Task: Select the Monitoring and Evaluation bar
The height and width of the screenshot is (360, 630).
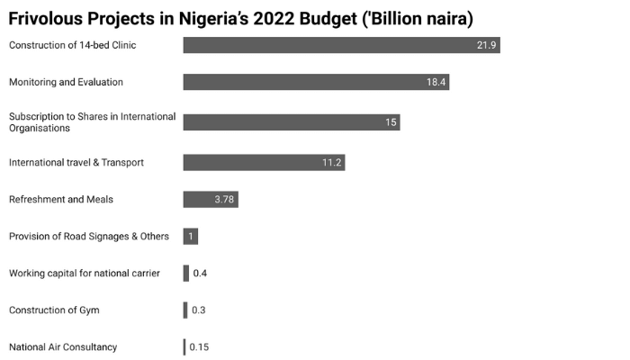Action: tap(315, 82)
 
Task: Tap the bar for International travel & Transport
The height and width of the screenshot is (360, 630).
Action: tap(264, 162)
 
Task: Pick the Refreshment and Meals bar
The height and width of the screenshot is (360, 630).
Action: tap(210, 199)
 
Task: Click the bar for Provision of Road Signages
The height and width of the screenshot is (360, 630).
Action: tap(190, 237)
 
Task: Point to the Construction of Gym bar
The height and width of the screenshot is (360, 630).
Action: tap(185, 310)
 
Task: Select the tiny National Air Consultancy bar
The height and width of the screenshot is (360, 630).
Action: tap(184, 347)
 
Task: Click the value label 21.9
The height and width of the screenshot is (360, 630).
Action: tap(487, 46)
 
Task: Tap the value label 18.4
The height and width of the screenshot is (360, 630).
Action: tap(436, 82)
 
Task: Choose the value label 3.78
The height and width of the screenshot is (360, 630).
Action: tap(224, 199)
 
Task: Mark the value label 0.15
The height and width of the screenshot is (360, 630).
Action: tap(199, 347)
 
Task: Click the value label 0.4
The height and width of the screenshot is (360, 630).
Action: tap(200, 274)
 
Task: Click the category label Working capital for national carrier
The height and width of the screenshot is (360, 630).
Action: tap(85, 274)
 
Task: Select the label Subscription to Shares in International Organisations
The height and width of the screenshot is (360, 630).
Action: tap(92, 122)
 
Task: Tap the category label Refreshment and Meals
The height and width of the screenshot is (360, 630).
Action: tap(61, 199)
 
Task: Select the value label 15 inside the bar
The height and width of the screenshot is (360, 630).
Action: tap(391, 122)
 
